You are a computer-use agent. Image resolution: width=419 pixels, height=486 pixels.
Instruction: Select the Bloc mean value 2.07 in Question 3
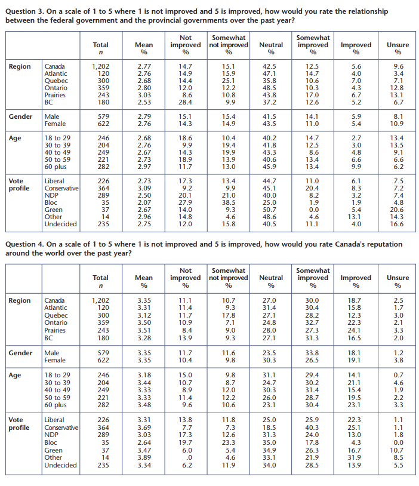tap(144, 202)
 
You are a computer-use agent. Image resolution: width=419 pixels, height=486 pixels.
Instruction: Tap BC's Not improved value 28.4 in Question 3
tap(185, 102)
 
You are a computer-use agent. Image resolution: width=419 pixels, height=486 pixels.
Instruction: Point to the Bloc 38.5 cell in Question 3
tap(229, 202)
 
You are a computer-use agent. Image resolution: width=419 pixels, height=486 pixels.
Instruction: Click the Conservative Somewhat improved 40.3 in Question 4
tap(312, 427)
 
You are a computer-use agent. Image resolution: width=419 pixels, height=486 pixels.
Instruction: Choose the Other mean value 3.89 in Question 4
tap(144, 457)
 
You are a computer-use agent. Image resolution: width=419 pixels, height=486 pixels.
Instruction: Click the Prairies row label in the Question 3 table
tap(55, 95)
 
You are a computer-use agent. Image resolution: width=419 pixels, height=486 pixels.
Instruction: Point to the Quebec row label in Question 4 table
tap(56, 315)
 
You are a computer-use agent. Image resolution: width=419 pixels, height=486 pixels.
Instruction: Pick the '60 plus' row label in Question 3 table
tap(56, 167)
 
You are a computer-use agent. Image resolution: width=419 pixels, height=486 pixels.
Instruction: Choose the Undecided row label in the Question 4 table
tap(60, 465)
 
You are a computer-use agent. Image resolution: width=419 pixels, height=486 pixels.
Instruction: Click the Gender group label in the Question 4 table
tap(20, 353)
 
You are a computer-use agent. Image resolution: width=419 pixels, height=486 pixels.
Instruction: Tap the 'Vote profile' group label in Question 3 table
tap(19, 184)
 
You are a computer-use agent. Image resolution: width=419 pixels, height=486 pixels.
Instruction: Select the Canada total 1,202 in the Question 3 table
tap(100, 66)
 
